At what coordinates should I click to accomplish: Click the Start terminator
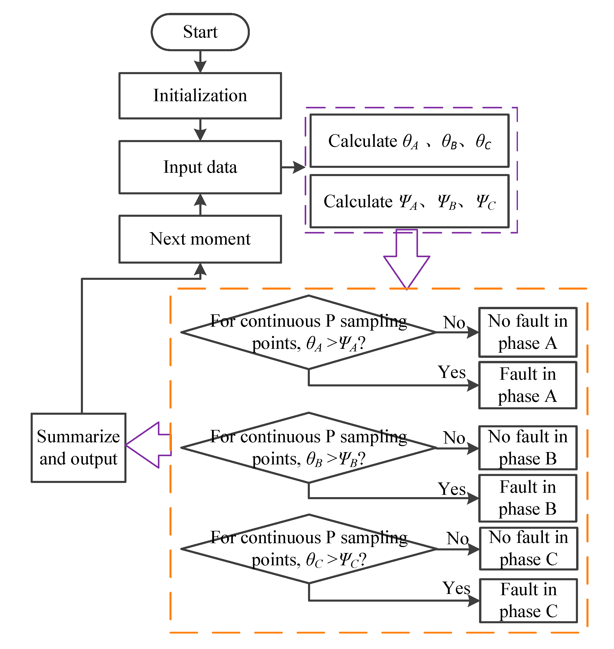(200, 32)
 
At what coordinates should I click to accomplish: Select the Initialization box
(200, 96)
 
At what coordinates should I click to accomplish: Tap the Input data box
(200, 167)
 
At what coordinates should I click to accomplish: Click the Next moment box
(200, 239)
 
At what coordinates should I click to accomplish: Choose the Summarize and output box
(79, 447)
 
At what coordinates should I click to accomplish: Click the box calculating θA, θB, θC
(409, 141)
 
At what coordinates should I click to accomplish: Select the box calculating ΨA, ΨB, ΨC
(409, 201)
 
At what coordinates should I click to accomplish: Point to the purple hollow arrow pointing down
(406, 262)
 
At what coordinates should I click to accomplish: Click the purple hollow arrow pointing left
(147, 445)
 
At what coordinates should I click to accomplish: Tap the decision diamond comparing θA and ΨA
(308, 332)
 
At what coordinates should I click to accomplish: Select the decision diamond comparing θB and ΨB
(308, 447)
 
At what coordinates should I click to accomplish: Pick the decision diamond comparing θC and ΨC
(308, 549)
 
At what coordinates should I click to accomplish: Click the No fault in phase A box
(528, 332)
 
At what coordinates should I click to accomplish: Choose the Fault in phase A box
(528, 385)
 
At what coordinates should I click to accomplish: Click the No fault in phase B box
(528, 447)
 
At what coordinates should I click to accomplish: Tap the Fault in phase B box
(528, 498)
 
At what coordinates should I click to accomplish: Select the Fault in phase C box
(528, 601)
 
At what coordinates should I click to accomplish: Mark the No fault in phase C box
(528, 549)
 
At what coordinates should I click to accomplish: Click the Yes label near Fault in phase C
(456, 588)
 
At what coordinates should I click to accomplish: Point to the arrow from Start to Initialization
(200, 62)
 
